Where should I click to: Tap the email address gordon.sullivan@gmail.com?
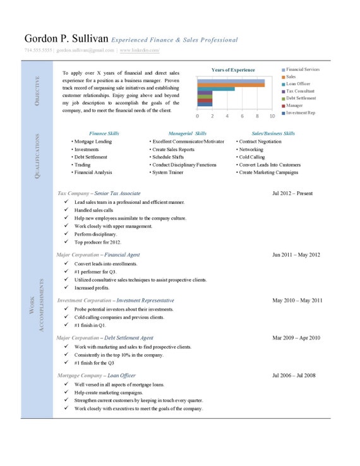(x=85, y=49)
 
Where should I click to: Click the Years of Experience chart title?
(x=233, y=69)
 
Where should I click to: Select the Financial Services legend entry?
(x=302, y=69)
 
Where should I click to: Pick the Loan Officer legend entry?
(x=299, y=84)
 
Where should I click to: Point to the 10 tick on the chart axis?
(x=272, y=117)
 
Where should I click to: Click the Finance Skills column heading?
(x=104, y=133)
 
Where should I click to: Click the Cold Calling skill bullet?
(x=251, y=157)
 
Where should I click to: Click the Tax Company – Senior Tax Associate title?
(x=99, y=193)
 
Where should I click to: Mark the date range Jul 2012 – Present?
(x=292, y=193)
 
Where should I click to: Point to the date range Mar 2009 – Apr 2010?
(x=296, y=338)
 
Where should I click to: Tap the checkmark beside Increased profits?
(x=67, y=287)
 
